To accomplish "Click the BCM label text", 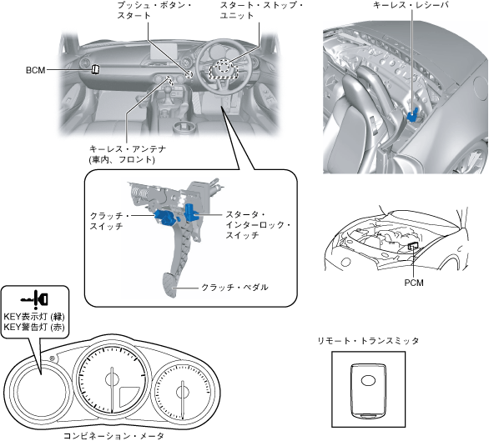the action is [x=36, y=70].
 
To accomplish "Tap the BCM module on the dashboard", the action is [x=95, y=69].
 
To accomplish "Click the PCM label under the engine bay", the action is [x=414, y=283].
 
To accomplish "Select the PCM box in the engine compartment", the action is [x=413, y=245].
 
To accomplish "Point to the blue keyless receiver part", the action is [x=413, y=115].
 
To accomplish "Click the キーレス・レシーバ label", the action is [x=411, y=5].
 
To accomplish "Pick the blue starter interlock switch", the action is [x=190, y=213].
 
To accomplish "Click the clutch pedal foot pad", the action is [x=170, y=285].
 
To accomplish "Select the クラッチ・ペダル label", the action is [x=234, y=287].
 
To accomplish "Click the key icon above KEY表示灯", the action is [x=34, y=298].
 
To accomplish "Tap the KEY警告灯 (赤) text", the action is [x=34, y=327].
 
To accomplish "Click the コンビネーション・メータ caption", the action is [x=113, y=436].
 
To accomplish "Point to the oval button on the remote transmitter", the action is [x=368, y=380].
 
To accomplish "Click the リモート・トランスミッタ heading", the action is [x=368, y=341].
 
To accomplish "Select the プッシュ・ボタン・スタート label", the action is [x=154, y=10].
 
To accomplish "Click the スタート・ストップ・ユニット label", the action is [x=261, y=10].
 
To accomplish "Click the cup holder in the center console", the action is [x=184, y=128].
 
